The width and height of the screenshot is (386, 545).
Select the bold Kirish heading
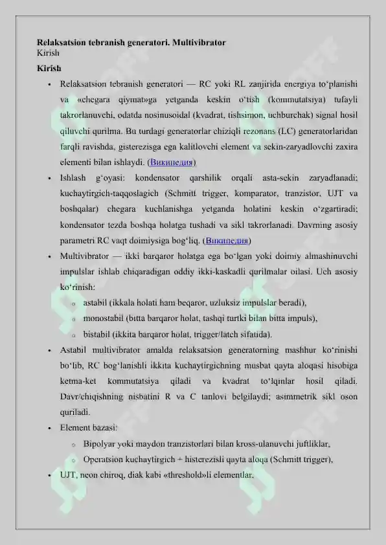[x=49, y=68]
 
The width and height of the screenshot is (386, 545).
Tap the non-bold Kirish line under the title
[x=48, y=53]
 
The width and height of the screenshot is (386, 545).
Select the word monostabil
[x=103, y=318]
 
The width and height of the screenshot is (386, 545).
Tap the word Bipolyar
[x=101, y=444]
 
